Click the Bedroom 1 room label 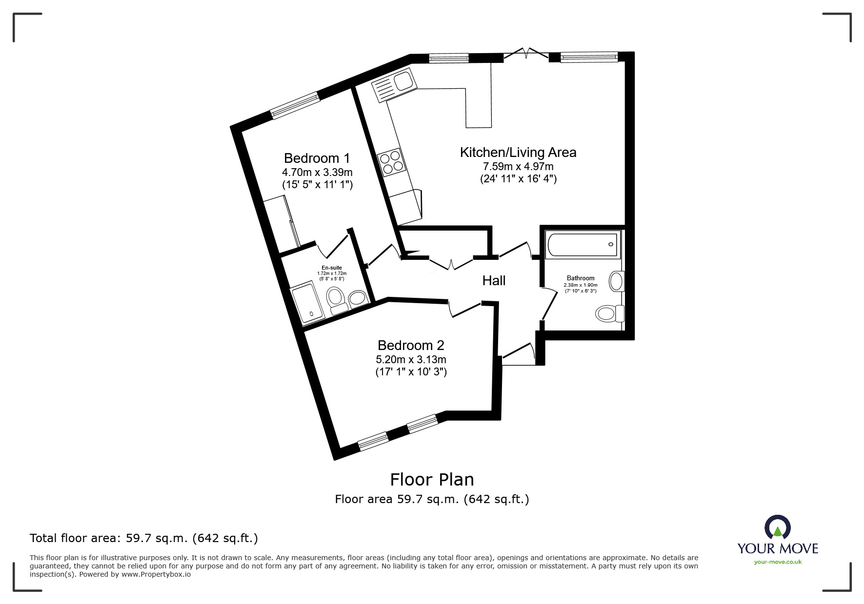[x=317, y=158]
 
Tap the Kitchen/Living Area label [x=518, y=153]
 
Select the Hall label [x=494, y=280]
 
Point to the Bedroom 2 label [x=411, y=346]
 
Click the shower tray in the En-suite [x=307, y=305]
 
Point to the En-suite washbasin [x=359, y=298]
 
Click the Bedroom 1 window [x=295, y=105]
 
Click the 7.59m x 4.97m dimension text [x=518, y=167]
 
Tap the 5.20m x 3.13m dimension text [x=411, y=360]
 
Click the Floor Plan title [x=432, y=480]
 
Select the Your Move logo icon [x=778, y=528]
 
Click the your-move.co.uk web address [x=778, y=562]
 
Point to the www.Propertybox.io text [x=156, y=574]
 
